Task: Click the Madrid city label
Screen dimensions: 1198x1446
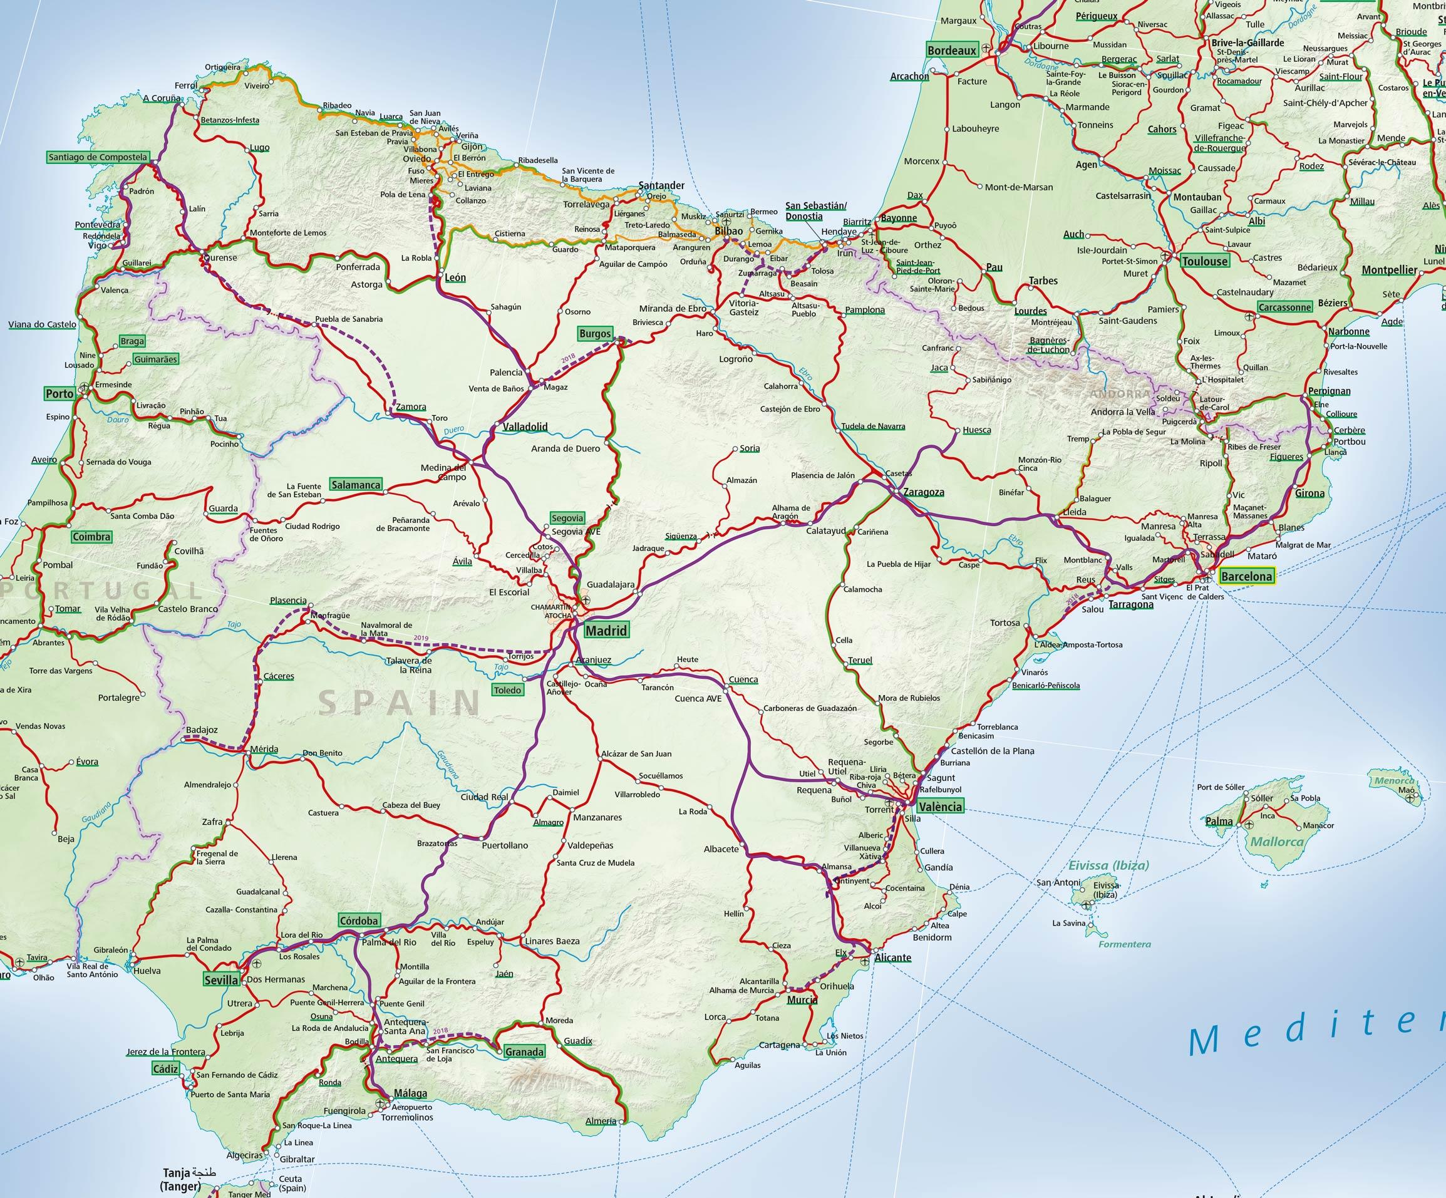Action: [606, 630]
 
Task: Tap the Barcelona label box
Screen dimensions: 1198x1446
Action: [1246, 576]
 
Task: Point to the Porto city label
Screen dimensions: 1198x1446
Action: [60, 394]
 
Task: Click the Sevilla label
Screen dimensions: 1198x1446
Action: [221, 979]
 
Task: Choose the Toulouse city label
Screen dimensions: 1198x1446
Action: [1204, 261]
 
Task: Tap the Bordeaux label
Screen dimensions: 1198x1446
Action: [952, 51]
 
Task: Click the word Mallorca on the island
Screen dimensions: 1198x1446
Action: [1277, 841]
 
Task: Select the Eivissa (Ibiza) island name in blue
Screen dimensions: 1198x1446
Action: [1108, 865]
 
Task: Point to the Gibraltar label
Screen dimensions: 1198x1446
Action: [297, 1159]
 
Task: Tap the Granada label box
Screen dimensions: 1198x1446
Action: [524, 1051]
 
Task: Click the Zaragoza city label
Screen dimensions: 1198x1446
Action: [923, 492]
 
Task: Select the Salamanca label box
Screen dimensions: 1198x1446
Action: [355, 485]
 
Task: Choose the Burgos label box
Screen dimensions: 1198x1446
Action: [595, 334]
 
